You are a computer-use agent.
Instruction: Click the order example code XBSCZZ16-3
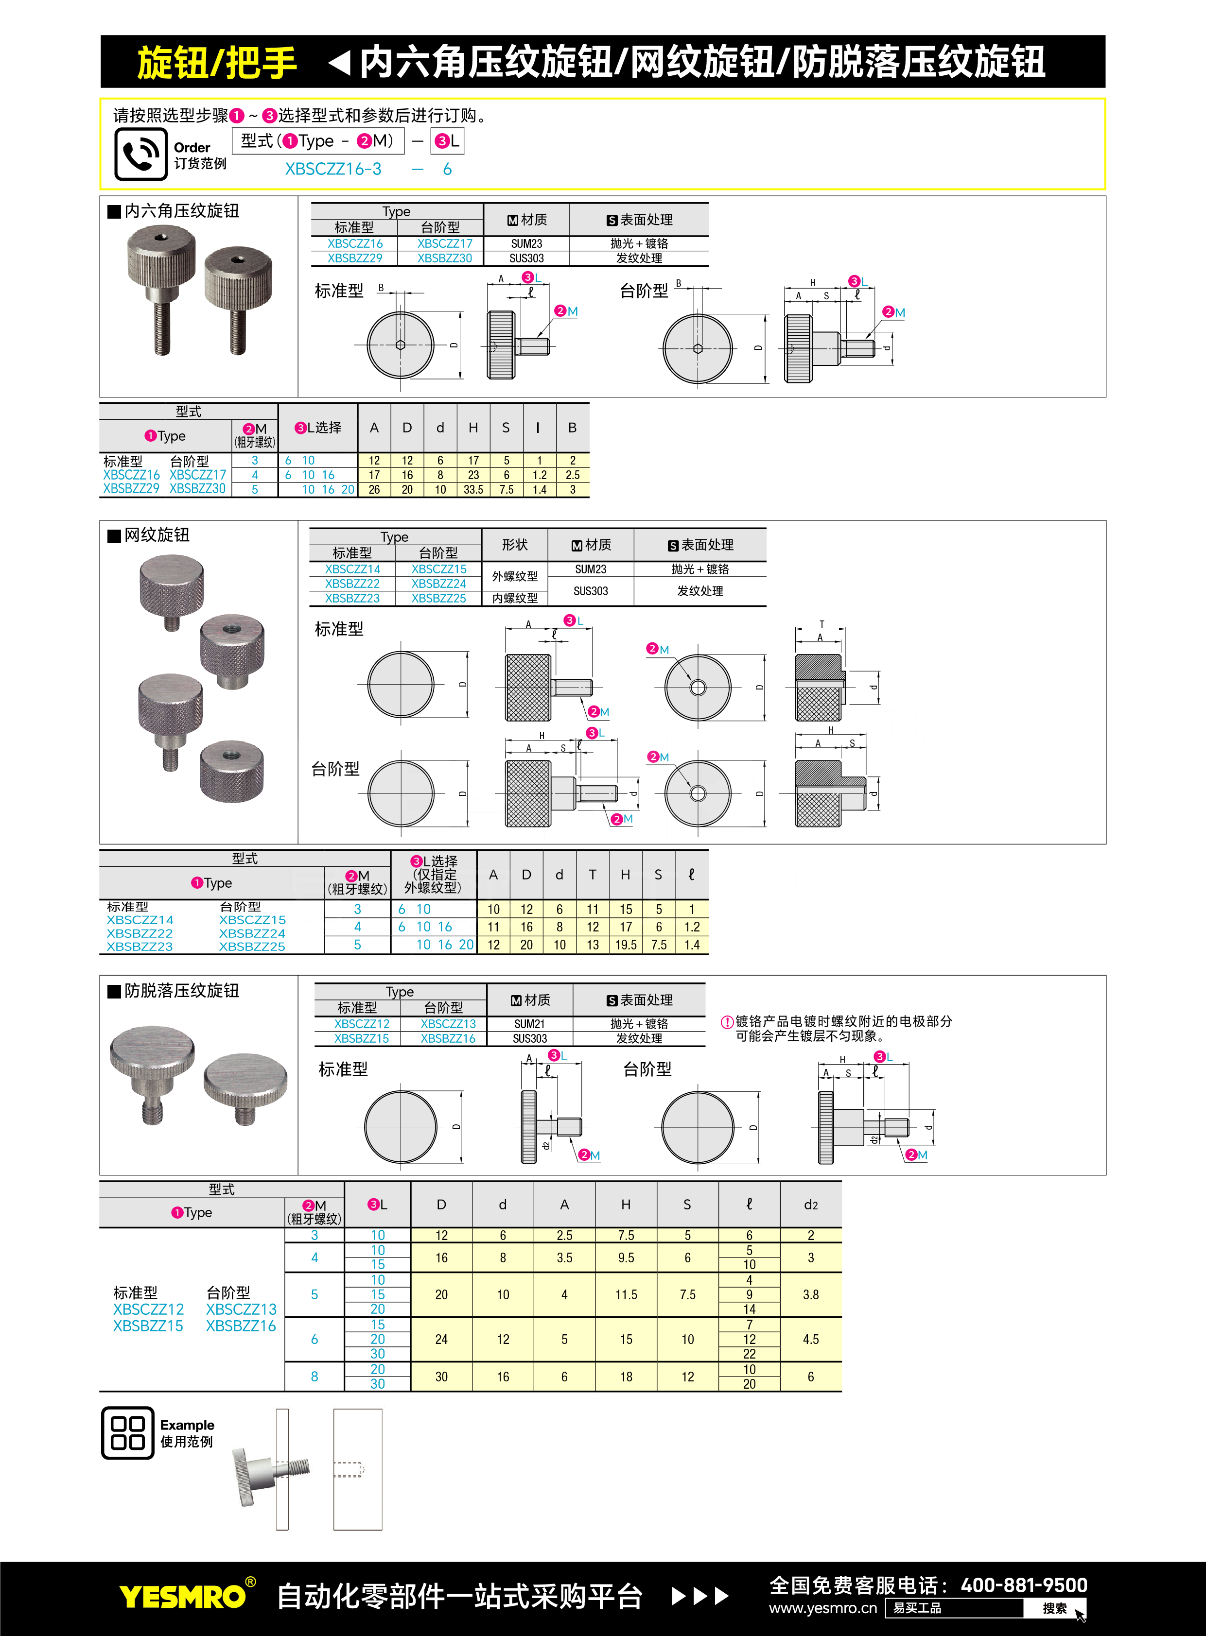[333, 169]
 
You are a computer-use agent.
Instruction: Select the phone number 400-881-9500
[1024, 1585]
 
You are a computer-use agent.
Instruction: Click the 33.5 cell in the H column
[473, 490]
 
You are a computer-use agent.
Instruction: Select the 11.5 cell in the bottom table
[626, 1294]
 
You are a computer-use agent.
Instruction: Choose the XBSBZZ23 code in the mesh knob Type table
[352, 598]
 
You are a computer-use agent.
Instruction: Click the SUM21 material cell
[529, 1024]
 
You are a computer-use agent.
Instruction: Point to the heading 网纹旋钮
[157, 535]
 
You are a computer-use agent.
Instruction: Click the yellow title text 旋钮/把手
[217, 62]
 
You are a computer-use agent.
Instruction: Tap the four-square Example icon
[128, 1432]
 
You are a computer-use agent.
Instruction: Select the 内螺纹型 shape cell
[515, 598]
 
